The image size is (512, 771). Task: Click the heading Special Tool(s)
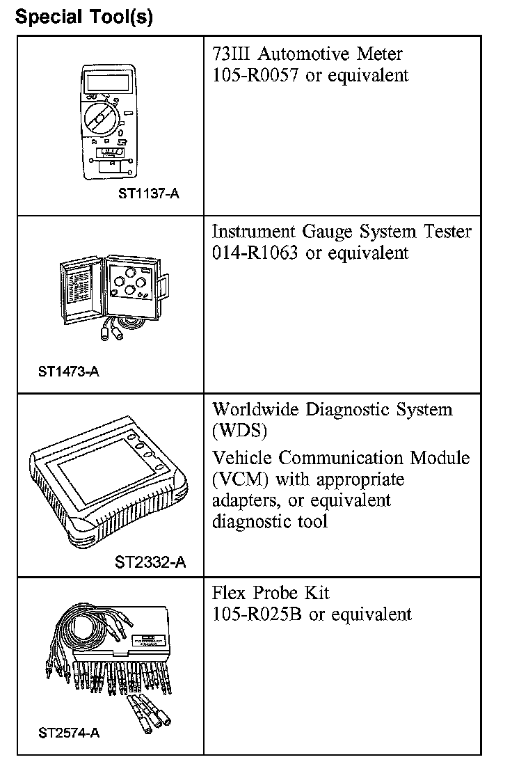point(84,17)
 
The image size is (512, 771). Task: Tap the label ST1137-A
point(148,193)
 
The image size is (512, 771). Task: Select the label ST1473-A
point(69,371)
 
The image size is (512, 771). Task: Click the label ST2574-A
point(69,733)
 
